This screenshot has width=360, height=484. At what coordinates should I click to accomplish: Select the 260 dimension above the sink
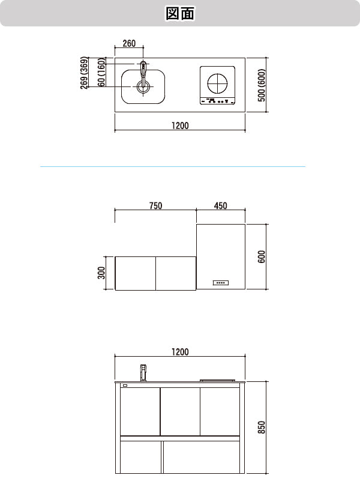[129, 43]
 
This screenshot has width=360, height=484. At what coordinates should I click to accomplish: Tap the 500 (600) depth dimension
[262, 85]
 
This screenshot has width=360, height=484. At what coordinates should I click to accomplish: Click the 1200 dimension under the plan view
[179, 126]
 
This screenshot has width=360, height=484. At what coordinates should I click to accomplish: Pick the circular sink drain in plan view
[142, 88]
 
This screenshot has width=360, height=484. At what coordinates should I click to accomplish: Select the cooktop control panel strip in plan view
[217, 101]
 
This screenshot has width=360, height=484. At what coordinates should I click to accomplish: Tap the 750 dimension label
[155, 206]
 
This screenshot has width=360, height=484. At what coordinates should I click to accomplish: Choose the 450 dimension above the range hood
[220, 206]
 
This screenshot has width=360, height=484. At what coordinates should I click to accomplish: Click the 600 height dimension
[262, 256]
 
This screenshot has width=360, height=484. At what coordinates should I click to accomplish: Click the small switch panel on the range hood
[220, 282]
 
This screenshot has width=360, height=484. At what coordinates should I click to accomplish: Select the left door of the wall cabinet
[135, 273]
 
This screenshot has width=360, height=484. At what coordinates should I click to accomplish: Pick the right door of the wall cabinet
[176, 273]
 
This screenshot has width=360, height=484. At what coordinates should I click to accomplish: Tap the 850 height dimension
[262, 428]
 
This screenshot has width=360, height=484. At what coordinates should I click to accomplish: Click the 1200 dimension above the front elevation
[179, 352]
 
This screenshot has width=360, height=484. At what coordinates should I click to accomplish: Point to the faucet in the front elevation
[143, 372]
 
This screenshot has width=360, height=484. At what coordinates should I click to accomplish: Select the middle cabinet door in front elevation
[180, 411]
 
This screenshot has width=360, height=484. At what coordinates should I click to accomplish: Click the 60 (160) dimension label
[102, 73]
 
